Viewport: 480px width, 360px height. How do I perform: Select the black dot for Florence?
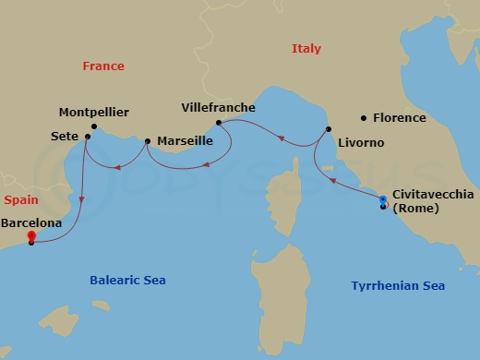pos(365,117)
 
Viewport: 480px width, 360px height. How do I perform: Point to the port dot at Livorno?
pos(327,129)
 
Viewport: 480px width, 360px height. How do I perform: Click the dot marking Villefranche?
pos(218,122)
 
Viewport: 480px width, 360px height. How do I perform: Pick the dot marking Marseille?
pos(148,141)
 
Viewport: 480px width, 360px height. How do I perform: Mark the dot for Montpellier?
pos(94,126)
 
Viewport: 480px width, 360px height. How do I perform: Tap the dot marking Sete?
pos(87,138)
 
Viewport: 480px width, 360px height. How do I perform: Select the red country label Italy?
pos(306,49)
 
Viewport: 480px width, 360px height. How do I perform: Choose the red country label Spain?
pos(20,199)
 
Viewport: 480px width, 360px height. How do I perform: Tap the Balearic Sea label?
pos(127,280)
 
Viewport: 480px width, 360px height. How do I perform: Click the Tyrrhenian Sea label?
pos(398,286)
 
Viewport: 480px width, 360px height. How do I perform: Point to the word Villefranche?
pos(219,108)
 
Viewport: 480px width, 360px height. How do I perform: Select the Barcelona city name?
pos(32,222)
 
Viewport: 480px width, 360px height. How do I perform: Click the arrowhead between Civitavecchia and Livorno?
pos(332,181)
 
